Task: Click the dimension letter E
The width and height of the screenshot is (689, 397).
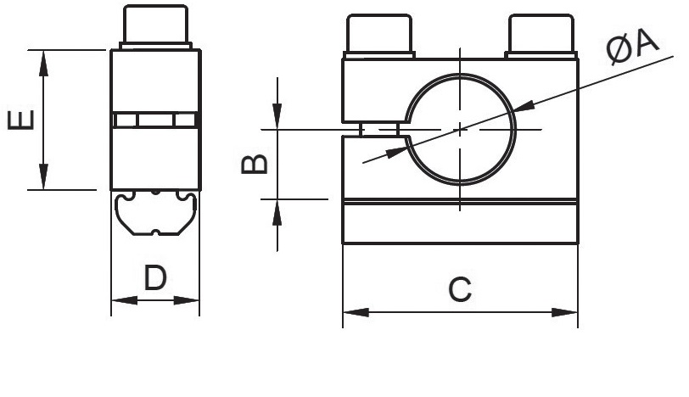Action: pos(21,120)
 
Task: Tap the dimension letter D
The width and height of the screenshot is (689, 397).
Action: pos(155,277)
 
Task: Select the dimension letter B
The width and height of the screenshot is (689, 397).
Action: pos(255,164)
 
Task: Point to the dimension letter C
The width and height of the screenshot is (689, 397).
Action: pos(460,289)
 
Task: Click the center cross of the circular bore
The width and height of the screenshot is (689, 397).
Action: pos(460,130)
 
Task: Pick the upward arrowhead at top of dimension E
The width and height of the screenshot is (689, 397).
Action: pos(43,64)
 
